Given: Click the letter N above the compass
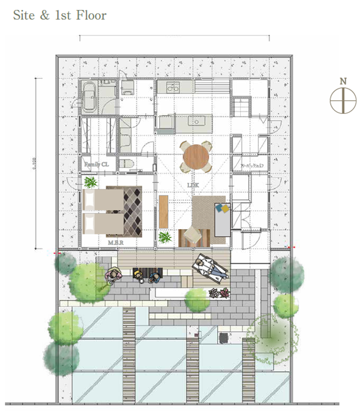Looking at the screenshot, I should pos(343,81).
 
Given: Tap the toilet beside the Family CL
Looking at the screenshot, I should pos(128,164).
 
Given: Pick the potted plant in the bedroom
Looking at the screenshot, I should pos(90,182).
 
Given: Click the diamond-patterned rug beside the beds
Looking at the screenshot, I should pos(133,211).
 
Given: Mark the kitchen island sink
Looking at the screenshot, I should pos(197,121).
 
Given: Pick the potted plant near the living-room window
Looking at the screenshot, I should pos(165,238).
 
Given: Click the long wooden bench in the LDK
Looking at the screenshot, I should pos(164,211).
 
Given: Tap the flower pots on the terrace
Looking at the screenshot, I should pos(218,293).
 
